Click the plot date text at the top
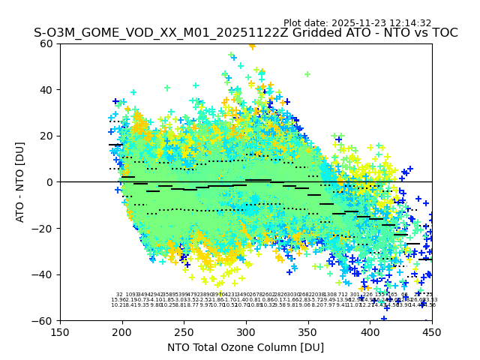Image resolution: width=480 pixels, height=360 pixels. tap(357, 23)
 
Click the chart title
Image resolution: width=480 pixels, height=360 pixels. tap(246, 34)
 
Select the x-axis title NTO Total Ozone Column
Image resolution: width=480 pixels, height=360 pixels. tap(246, 347)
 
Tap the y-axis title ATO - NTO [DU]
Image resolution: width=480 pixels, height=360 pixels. tap(20, 182)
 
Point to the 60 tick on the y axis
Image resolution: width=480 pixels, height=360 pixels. tap(47, 43)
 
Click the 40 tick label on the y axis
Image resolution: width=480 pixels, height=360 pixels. tap(47, 90)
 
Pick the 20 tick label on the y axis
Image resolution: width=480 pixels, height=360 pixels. tap(47, 136)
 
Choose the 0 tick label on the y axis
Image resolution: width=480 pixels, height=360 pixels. tap(50, 182)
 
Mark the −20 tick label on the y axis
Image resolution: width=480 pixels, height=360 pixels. tap(44, 228)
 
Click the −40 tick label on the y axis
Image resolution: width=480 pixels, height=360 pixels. tap(44, 274)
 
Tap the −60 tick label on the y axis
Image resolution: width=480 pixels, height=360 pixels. tap(44, 320)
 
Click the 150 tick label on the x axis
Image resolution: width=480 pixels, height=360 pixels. tap(60, 332)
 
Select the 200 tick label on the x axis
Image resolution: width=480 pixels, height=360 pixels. tap(122, 332)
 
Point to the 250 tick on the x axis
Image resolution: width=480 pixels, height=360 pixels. tap(184, 332)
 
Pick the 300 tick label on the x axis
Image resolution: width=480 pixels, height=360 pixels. tap(246, 332)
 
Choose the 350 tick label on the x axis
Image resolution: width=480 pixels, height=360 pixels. tap(308, 332)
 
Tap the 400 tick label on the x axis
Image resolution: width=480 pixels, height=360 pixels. tap(370, 332)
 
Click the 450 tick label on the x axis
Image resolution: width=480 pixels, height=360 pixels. tap(432, 332)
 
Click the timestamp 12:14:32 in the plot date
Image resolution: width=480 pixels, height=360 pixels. tap(409, 23)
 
